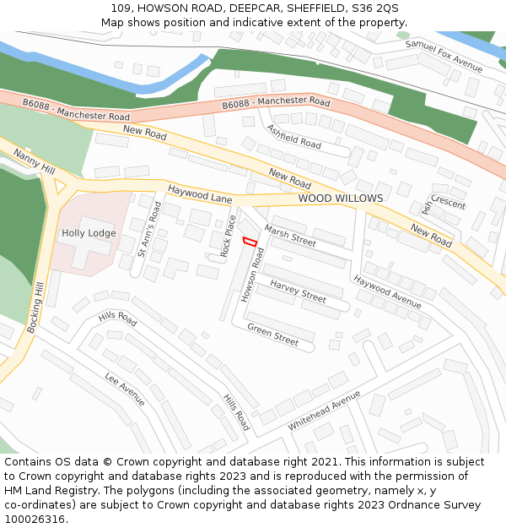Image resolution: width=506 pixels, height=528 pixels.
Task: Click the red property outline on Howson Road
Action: click(x=250, y=242)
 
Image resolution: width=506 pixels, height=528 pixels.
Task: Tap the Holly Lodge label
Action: click(x=89, y=233)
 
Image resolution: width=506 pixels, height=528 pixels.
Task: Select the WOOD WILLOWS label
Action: click(x=340, y=199)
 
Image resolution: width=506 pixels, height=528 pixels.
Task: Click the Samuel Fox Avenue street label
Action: click(x=444, y=56)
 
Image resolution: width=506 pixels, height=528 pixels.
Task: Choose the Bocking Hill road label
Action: click(x=35, y=308)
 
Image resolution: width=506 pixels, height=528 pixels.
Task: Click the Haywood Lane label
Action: click(x=199, y=194)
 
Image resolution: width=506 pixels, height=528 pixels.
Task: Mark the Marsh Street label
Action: click(x=289, y=236)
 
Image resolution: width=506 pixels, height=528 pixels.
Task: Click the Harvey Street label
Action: click(x=298, y=292)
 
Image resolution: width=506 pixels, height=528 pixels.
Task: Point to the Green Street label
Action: click(x=272, y=335)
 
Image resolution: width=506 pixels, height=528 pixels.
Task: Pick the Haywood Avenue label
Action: click(x=387, y=291)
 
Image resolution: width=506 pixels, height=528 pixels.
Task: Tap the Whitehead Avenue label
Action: click(x=324, y=411)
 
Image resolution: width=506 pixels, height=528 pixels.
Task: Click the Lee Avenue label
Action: click(x=125, y=389)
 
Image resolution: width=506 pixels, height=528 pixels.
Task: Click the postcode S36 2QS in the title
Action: click(x=371, y=8)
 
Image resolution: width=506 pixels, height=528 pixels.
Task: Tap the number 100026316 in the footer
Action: click(x=35, y=519)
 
